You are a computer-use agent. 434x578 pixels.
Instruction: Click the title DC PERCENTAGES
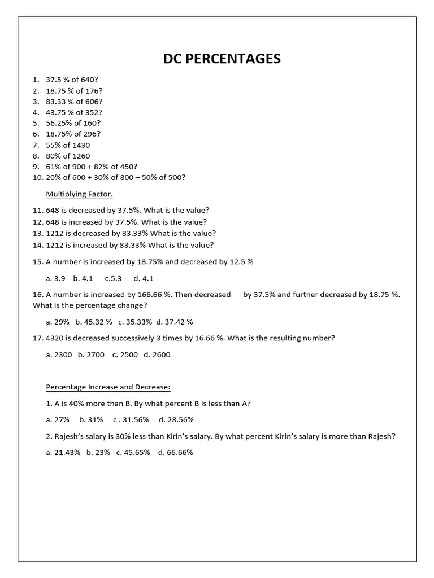click(222, 59)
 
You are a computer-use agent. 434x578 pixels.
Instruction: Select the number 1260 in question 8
click(81, 156)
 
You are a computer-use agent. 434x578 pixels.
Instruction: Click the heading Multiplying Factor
click(79, 195)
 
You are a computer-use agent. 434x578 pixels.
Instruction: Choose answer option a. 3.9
click(56, 278)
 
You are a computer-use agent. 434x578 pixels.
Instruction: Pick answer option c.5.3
click(113, 278)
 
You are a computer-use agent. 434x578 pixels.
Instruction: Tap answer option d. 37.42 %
click(175, 322)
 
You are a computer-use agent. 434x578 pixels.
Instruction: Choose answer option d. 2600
click(157, 354)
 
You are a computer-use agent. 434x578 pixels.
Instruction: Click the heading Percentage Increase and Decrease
click(108, 387)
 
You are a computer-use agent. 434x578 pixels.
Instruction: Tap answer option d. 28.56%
click(176, 420)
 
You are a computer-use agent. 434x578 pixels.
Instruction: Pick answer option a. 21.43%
click(63, 453)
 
